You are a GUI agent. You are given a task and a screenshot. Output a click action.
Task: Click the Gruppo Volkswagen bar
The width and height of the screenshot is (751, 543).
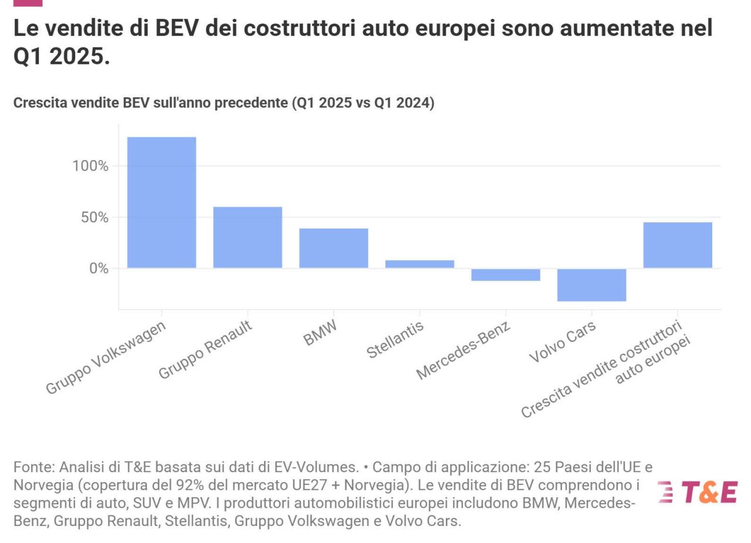(161, 202)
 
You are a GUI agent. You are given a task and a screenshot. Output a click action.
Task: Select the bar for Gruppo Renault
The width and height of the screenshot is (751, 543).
(247, 237)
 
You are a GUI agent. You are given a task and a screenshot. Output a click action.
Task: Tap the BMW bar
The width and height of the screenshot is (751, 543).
(333, 248)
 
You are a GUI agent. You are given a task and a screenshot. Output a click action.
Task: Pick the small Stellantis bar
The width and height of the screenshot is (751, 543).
(420, 264)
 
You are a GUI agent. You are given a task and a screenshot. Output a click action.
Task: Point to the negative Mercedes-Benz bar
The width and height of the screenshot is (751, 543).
(505, 275)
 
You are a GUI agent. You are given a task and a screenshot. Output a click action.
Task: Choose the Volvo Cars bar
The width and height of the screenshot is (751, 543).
(591, 285)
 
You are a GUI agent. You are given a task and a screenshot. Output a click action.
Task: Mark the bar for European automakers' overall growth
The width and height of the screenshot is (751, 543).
(678, 245)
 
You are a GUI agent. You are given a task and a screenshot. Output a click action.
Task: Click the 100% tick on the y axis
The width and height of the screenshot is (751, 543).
(90, 166)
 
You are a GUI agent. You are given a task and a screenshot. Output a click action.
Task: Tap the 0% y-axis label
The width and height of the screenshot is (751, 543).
(99, 269)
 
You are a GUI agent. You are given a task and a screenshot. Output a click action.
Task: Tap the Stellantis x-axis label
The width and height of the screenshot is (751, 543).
(394, 340)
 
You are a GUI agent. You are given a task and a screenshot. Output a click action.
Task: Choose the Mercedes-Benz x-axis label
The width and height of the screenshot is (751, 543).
(463, 350)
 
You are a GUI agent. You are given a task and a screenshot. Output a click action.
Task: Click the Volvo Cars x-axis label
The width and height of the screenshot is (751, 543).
(562, 342)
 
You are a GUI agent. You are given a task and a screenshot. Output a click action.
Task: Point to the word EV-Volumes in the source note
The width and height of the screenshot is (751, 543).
(316, 467)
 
